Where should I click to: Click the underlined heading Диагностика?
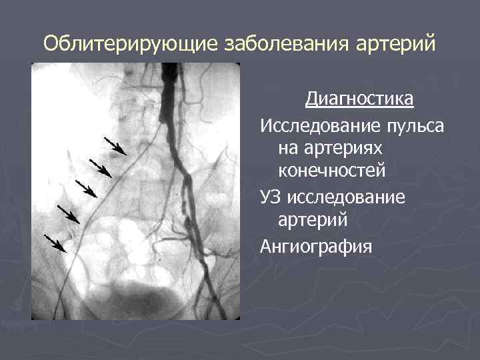(359, 100)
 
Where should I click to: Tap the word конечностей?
(332, 171)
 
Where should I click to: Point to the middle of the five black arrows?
(87, 189)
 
